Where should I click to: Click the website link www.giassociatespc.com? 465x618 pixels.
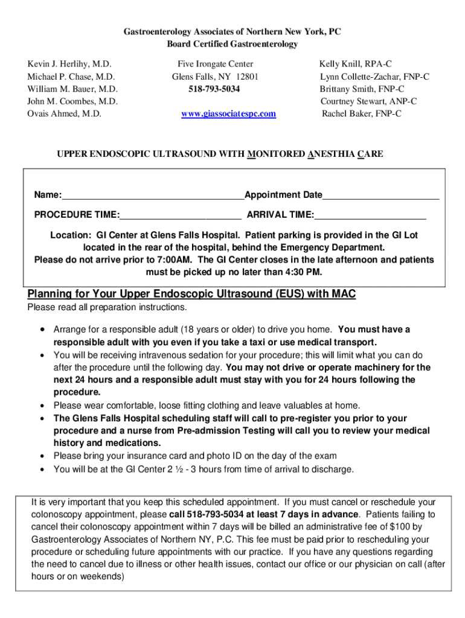[x=228, y=113]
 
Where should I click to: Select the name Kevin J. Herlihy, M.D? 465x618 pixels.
[x=69, y=64]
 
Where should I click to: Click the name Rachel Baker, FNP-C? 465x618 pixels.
[x=361, y=113]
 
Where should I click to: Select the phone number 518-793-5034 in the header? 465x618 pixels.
[x=214, y=89]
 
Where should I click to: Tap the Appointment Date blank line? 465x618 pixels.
[x=380, y=196]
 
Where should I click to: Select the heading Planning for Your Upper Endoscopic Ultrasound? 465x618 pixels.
[x=191, y=294]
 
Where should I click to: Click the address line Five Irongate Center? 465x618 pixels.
[x=215, y=64]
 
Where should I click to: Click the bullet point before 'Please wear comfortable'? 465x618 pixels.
[x=41, y=406]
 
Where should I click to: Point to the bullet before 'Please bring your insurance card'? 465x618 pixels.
[x=41, y=456]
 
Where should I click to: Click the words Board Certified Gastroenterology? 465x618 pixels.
[x=232, y=44]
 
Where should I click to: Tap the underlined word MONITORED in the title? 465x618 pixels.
[x=277, y=154]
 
